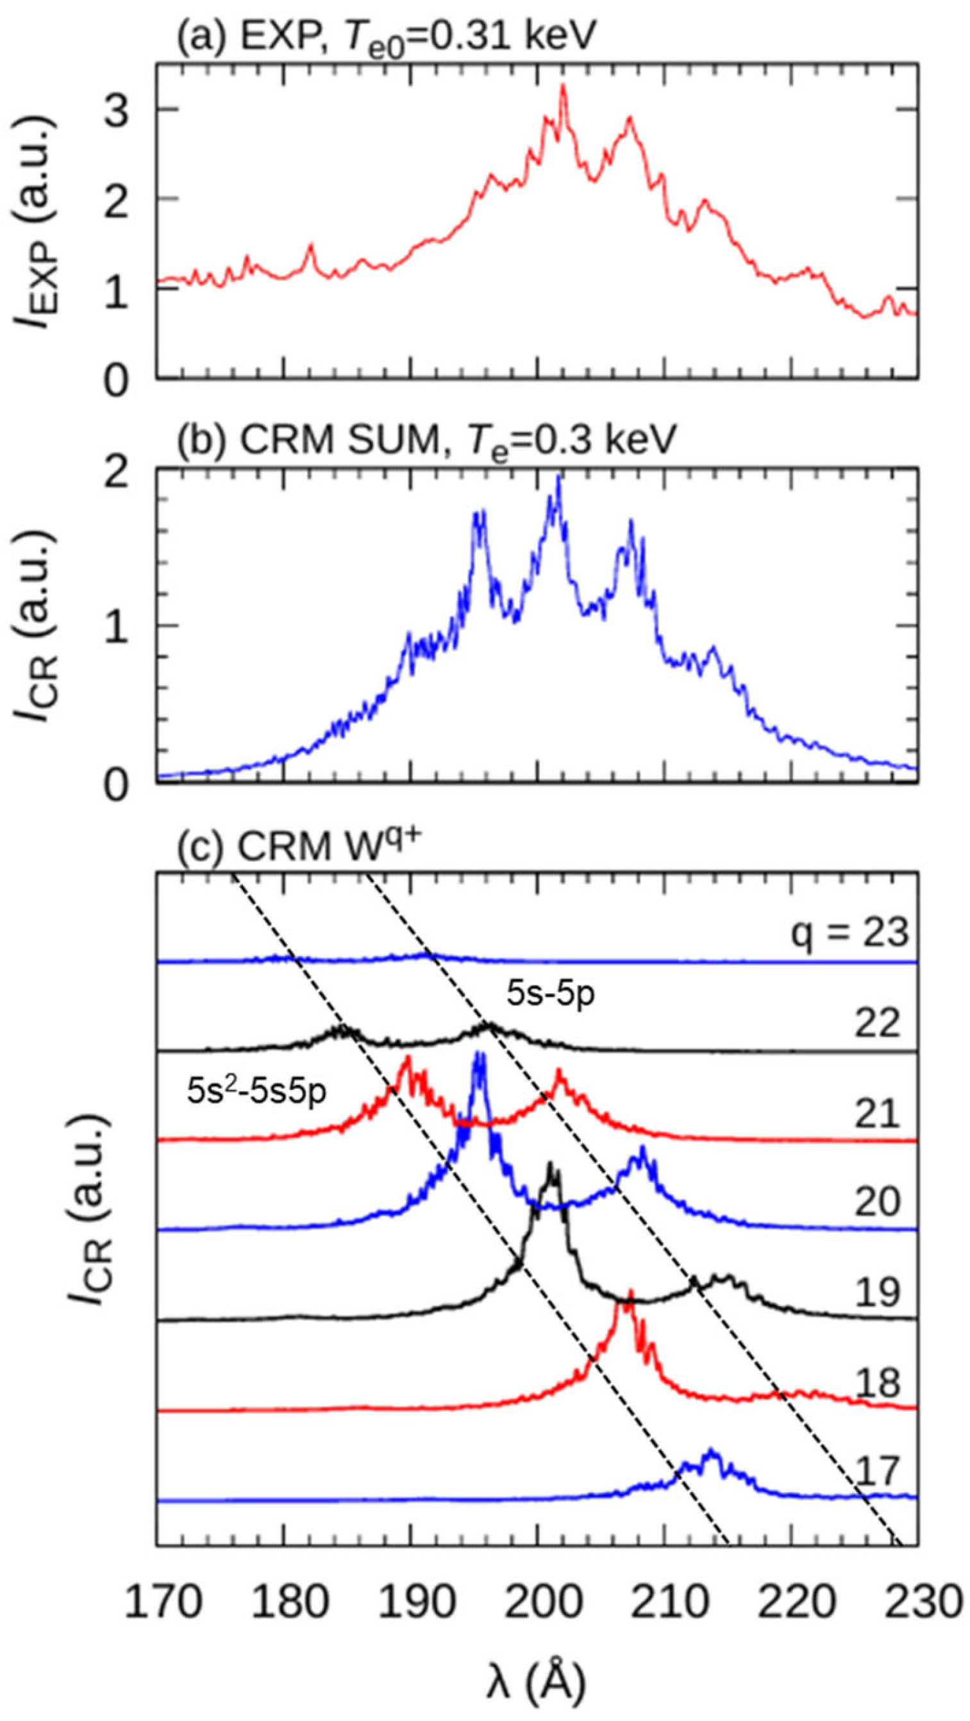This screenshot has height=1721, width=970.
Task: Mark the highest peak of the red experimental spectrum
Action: pos(562,85)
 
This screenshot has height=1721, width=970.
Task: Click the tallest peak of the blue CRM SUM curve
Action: pos(558,476)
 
